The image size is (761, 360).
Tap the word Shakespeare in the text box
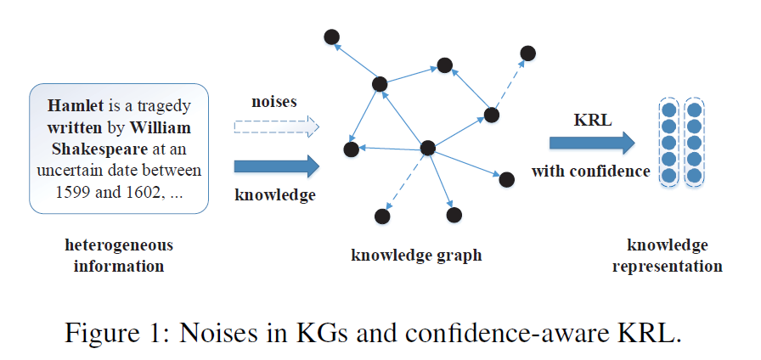point(82,149)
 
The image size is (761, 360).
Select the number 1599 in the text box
point(70,190)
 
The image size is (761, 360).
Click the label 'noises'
point(273,102)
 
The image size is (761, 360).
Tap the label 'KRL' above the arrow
point(591,118)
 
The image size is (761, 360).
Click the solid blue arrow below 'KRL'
point(591,143)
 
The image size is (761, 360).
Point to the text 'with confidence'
point(590,172)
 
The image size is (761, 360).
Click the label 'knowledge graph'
point(416,255)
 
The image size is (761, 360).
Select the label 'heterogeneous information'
point(119,256)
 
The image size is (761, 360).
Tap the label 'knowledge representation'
point(667,256)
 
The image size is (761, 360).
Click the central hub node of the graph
point(428,148)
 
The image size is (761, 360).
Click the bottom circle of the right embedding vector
point(694,176)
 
